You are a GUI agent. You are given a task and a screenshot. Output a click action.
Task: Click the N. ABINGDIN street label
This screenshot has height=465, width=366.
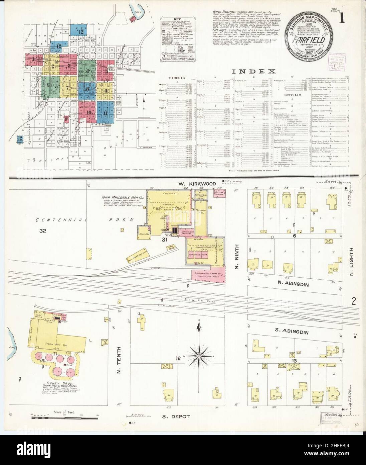[292, 284]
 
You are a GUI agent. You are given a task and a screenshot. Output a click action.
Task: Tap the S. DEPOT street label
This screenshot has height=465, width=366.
[176, 416]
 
